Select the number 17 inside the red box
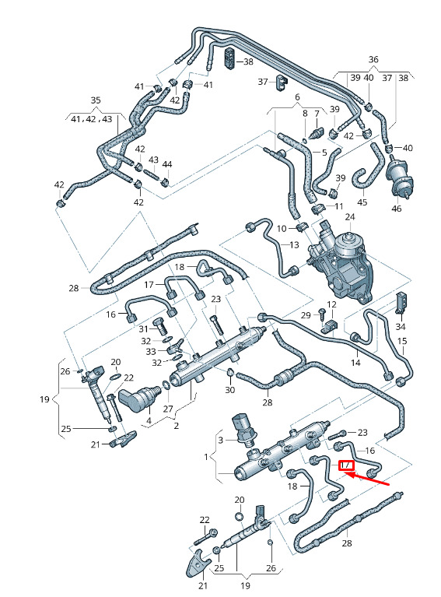[346, 465]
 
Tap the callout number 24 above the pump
[350, 217]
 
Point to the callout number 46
[397, 209]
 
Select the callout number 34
[401, 327]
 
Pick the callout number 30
[229, 390]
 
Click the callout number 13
[294, 245]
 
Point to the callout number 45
[362, 202]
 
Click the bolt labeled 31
[159, 327]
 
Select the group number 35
[96, 100]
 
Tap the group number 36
[373, 59]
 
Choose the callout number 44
[167, 164]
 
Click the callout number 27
[168, 409]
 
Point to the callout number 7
[317, 114]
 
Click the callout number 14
[355, 363]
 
